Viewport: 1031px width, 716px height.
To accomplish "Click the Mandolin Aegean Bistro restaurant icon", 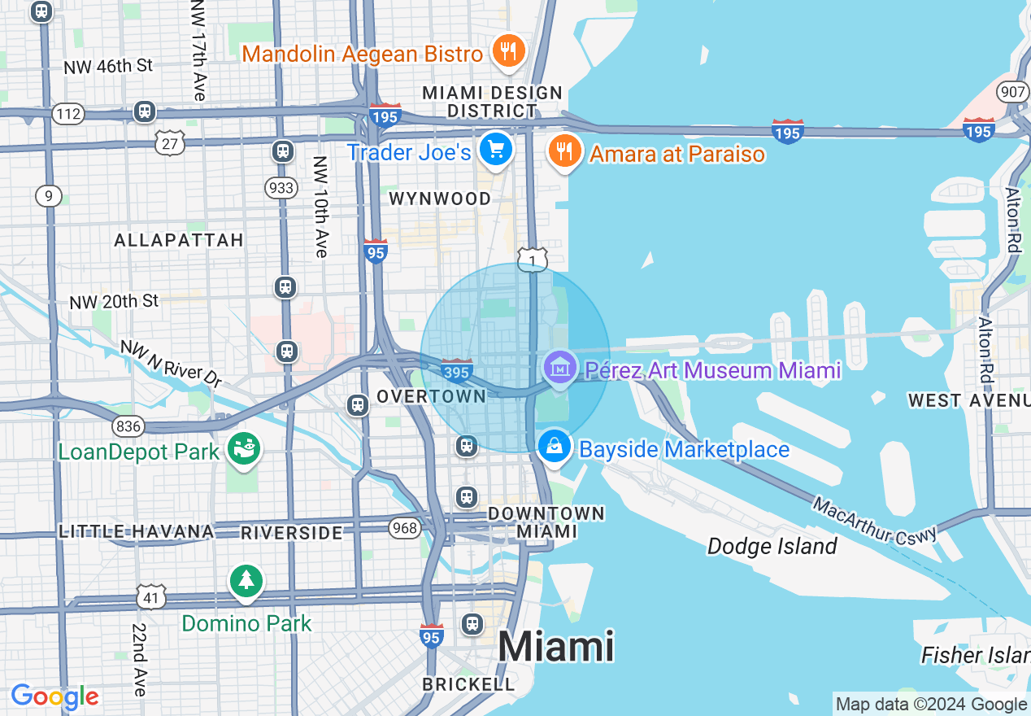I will [x=509, y=51].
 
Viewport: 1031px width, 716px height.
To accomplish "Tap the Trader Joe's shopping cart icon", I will [x=496, y=150].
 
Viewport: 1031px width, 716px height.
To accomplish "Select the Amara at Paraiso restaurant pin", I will [x=563, y=151].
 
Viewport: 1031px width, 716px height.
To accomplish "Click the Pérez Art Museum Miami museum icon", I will [x=559, y=368].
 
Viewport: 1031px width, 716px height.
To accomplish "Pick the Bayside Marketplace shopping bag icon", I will [x=555, y=447].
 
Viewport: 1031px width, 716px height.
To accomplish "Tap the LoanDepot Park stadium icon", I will [x=242, y=448].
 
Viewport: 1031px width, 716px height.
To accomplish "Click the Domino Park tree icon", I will [x=246, y=581].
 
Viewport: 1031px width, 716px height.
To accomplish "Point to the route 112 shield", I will [x=68, y=114].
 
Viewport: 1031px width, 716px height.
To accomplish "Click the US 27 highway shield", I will [x=171, y=144].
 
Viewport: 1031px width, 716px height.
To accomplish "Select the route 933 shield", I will [x=281, y=188].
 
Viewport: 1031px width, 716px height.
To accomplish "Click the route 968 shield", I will [x=404, y=528].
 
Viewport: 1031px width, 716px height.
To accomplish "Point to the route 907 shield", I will [x=1013, y=92].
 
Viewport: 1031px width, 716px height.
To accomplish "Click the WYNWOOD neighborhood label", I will [x=440, y=199].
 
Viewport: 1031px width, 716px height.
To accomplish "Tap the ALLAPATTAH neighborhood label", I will [x=179, y=240].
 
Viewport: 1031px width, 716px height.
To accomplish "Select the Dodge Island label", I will [x=772, y=546].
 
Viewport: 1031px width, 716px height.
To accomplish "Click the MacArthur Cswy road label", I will [x=874, y=521].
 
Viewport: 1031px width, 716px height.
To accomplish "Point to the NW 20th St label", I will [x=114, y=301].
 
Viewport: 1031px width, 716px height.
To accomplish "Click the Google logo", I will [x=54, y=696].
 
